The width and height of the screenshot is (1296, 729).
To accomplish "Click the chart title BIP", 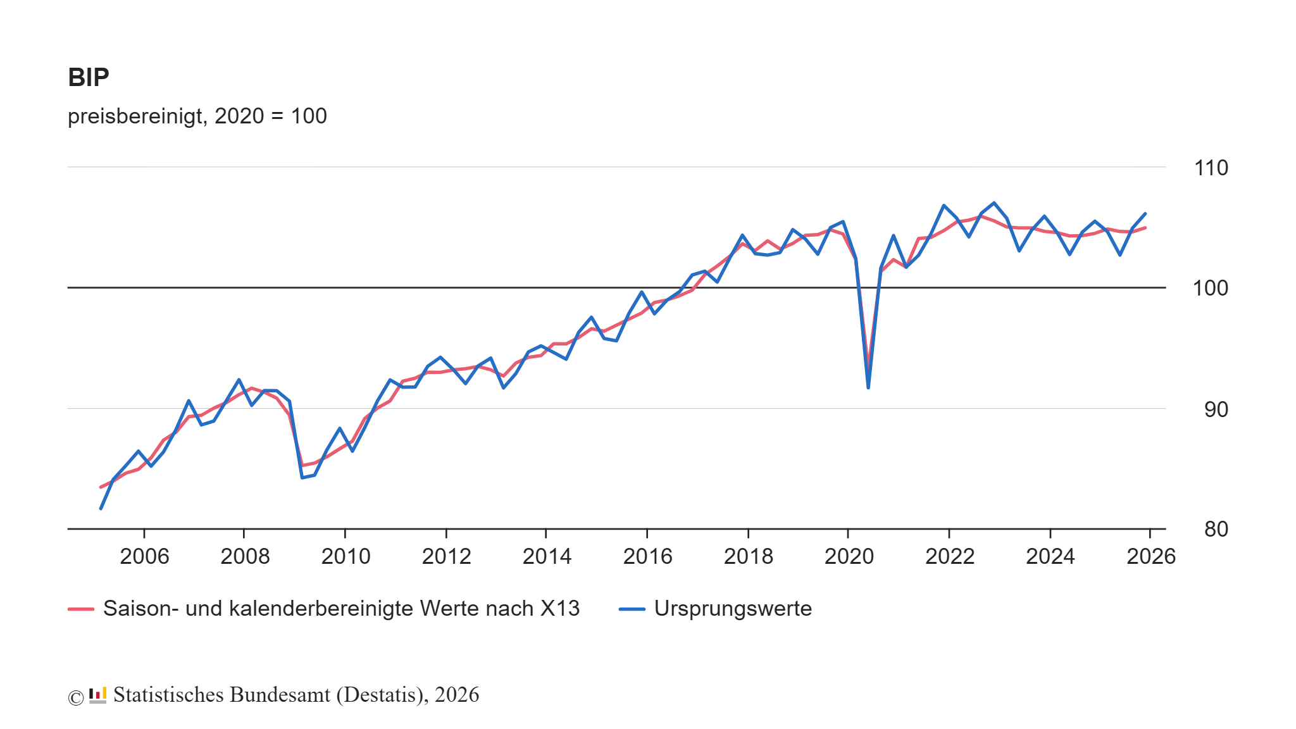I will coord(89,78).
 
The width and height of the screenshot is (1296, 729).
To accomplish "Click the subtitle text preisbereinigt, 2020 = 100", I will coord(197,116).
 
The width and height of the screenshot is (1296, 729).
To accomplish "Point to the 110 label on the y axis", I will coord(1211,168).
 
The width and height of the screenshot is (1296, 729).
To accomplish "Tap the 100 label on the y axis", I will coord(1210,289).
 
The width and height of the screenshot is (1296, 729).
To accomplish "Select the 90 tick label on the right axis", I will coord(1216,410).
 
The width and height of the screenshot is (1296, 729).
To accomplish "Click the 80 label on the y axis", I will coord(1216,530).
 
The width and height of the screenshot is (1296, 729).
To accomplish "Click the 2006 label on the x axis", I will coord(144,557).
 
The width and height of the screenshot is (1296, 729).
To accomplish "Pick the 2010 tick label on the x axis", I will coord(346,557).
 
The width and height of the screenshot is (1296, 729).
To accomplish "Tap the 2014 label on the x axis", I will coord(547,557).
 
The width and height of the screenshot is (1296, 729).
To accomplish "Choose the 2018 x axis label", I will coord(748,557).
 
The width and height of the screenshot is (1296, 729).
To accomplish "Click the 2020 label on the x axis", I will coord(849,557).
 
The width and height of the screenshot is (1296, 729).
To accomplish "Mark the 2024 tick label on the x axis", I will coord(1050,557).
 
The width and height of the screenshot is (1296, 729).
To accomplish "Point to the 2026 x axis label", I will coord(1150,557).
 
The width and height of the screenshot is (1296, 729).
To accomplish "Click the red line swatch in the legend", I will coord(81,609).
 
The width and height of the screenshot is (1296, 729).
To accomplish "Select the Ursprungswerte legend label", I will coord(733,609).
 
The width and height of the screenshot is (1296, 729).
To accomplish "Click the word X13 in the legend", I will coord(559,609).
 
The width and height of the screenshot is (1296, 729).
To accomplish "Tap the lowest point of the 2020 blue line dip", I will coord(868,387).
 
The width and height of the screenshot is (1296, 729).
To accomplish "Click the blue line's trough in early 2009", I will coord(302,477).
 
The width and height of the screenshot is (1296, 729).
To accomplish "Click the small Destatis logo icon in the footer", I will coord(97,695).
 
